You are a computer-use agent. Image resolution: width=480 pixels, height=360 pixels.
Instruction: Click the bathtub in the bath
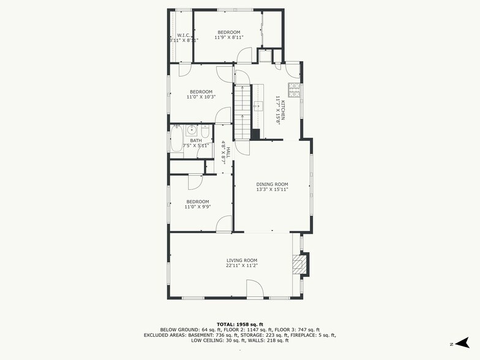coord(176,138)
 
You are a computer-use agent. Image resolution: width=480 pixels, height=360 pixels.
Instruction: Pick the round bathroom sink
coord(191,130)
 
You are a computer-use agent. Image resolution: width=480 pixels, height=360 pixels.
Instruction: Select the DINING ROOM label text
coord(272,184)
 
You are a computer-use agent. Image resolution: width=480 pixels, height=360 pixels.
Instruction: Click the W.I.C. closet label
coord(184,36)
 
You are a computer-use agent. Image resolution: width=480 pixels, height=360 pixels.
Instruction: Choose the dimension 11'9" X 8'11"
coord(228,37)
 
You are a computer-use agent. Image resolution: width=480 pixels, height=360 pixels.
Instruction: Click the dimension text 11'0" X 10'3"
coord(201,97)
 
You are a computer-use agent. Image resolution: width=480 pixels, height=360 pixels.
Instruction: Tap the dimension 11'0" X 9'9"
coord(198,207)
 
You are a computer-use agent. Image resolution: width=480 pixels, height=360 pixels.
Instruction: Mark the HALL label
coord(228,152)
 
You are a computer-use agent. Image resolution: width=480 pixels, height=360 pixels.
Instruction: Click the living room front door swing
coord(254,288)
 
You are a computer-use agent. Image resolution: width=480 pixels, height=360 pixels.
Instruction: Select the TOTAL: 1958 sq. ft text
coord(239,324)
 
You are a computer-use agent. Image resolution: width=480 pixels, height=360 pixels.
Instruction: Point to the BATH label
coord(196,140)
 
